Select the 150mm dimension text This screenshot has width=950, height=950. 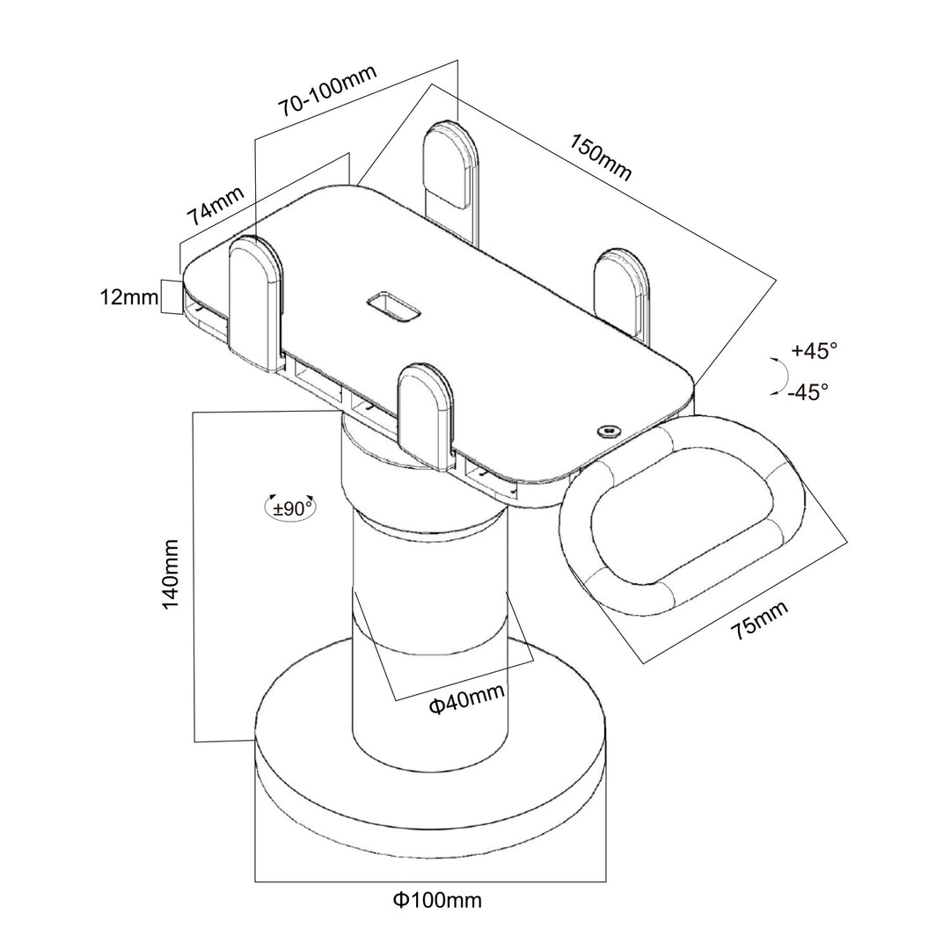(x=601, y=158)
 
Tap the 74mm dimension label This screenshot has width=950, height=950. (x=215, y=205)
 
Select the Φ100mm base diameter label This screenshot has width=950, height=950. (x=437, y=900)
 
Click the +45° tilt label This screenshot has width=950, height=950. (x=814, y=351)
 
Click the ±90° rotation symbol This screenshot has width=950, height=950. (x=290, y=507)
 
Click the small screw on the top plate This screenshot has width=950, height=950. (x=608, y=430)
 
